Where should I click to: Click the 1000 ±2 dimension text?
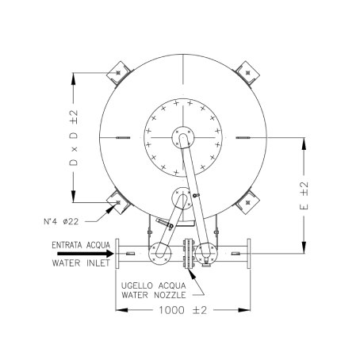(x=182, y=310)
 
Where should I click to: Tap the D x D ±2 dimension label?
(x=74, y=138)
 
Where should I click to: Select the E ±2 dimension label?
(x=304, y=196)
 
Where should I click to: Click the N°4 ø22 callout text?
(x=61, y=221)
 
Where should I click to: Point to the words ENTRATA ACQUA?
(x=81, y=245)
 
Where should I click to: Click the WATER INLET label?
(x=81, y=263)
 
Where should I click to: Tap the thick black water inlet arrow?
(x=86, y=254)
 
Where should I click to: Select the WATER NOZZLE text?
(x=154, y=295)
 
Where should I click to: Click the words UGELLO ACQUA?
(x=154, y=285)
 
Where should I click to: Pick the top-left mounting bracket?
(x=119, y=73)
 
